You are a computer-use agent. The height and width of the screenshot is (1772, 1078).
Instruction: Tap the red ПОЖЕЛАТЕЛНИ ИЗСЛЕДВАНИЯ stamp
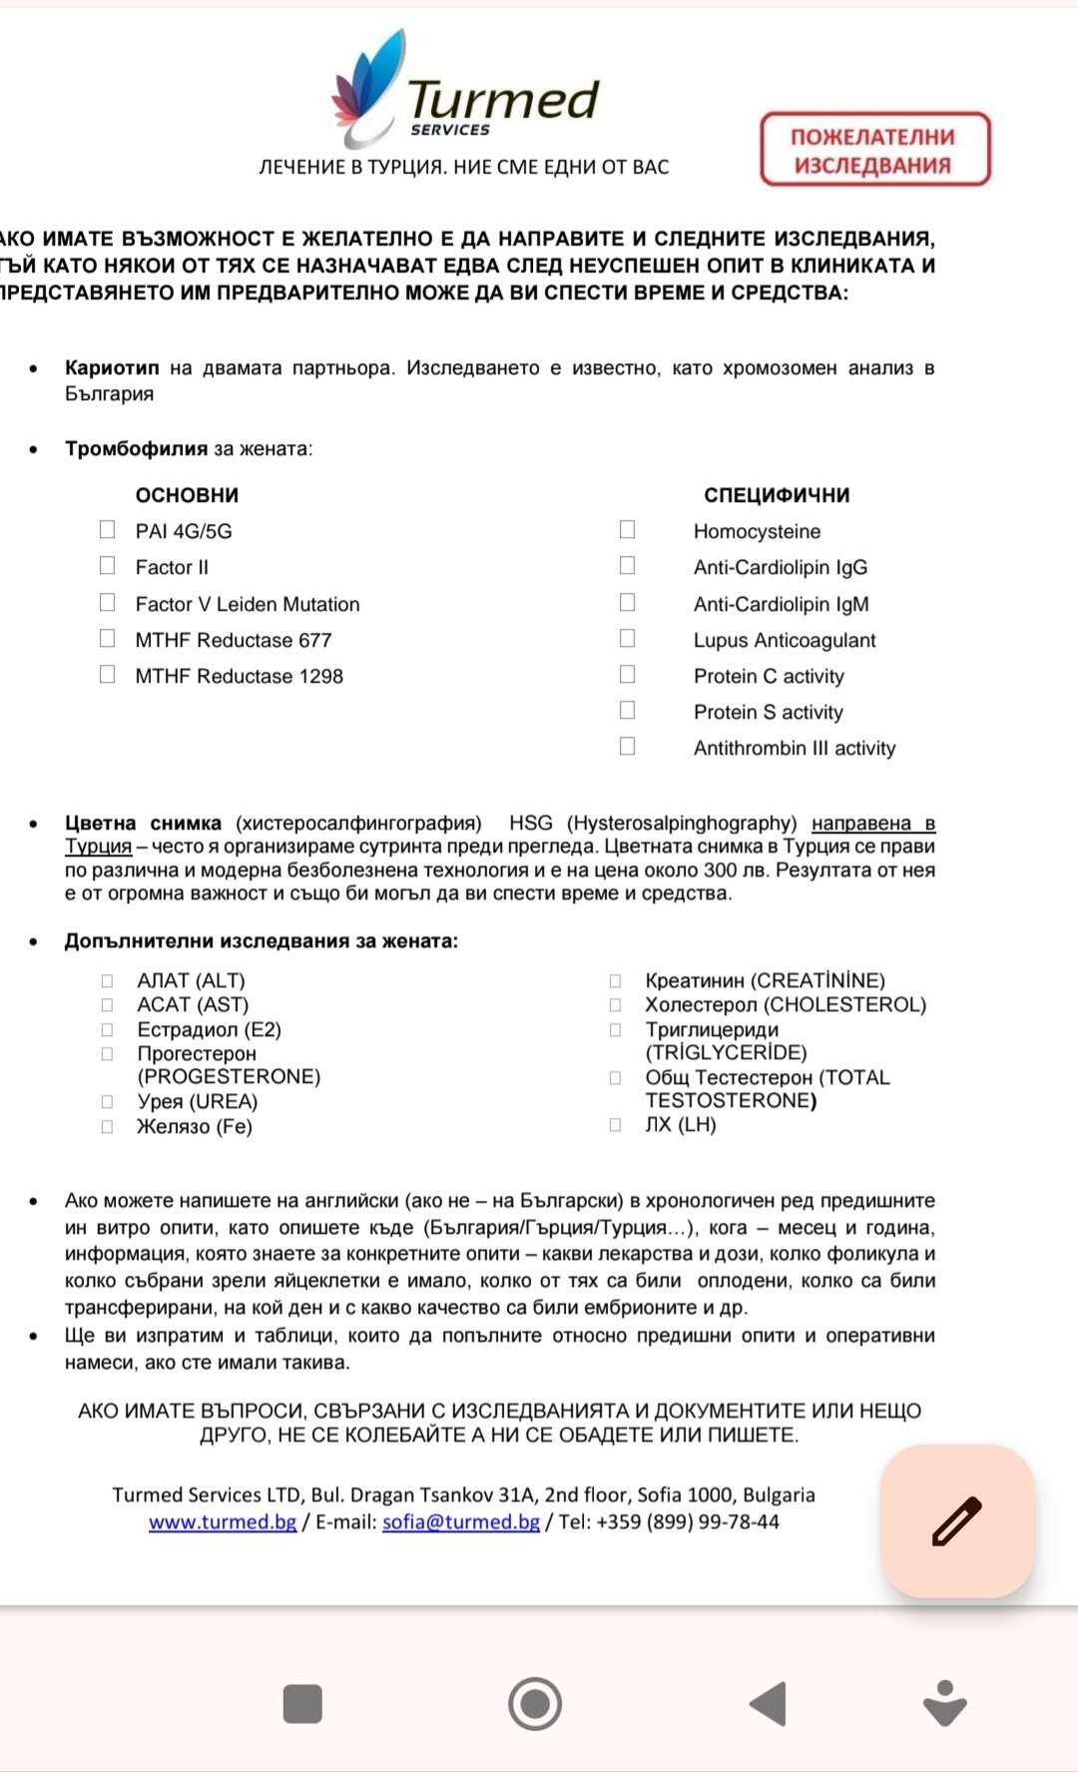pos(874,150)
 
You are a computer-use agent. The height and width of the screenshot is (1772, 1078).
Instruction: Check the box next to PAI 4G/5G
pos(108,529)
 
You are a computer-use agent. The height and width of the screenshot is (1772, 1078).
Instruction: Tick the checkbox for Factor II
pos(108,566)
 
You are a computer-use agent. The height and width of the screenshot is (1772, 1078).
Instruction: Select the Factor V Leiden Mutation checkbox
pos(108,602)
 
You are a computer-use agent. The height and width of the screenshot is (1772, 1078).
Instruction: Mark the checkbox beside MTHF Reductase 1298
pos(108,674)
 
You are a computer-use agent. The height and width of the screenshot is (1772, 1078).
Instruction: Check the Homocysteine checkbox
pos(627,529)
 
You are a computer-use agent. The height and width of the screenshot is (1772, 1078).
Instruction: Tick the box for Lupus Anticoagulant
pos(627,638)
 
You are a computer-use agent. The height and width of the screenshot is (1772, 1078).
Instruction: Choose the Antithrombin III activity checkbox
pos(627,746)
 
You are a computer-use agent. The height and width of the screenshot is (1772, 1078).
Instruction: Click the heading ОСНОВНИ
pos(187,495)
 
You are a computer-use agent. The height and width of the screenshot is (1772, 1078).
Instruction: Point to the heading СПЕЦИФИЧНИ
pos(777,495)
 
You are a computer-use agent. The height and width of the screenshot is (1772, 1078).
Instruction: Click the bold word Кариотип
pos(112,367)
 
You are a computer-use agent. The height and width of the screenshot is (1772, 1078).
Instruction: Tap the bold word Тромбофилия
pos(136,448)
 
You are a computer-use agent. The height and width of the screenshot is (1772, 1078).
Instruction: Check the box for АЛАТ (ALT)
pos(108,980)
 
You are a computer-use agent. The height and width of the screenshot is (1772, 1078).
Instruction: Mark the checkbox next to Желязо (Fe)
pos(108,1126)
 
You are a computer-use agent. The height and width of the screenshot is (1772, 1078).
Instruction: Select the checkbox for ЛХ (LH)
pos(616,1124)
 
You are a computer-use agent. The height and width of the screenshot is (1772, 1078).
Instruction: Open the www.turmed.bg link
pos(223,1521)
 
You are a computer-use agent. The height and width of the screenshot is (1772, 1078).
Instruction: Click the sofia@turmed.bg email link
pos(460,1521)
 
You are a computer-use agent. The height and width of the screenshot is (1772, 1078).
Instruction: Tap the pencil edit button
pos(956,1521)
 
